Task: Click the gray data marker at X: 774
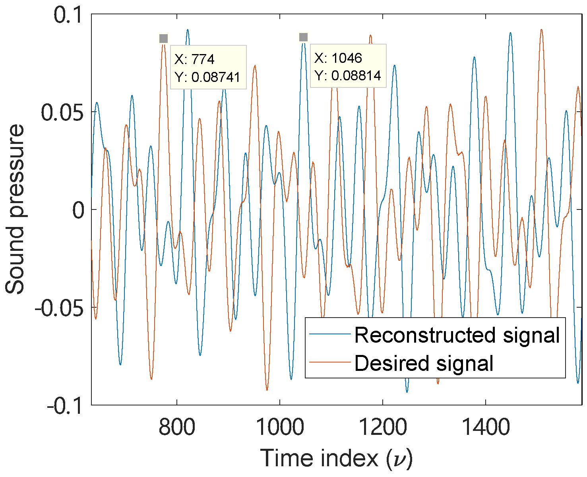click(x=163, y=39)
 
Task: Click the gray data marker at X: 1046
click(x=303, y=37)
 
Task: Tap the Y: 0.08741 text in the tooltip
click(x=207, y=77)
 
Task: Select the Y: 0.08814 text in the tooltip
click(x=348, y=76)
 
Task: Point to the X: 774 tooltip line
click(x=194, y=59)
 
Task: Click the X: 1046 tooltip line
click(x=338, y=58)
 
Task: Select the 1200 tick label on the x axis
click(x=382, y=427)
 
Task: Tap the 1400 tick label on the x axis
click(x=486, y=427)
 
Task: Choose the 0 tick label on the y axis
click(x=79, y=210)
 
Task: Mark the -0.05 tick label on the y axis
click(x=60, y=308)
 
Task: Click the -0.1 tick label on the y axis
click(x=66, y=406)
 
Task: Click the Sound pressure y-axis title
click(x=15, y=209)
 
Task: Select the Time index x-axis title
click(x=336, y=458)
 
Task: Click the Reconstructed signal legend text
click(x=457, y=335)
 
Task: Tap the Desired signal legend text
click(x=424, y=363)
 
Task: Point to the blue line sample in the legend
click(x=330, y=334)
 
